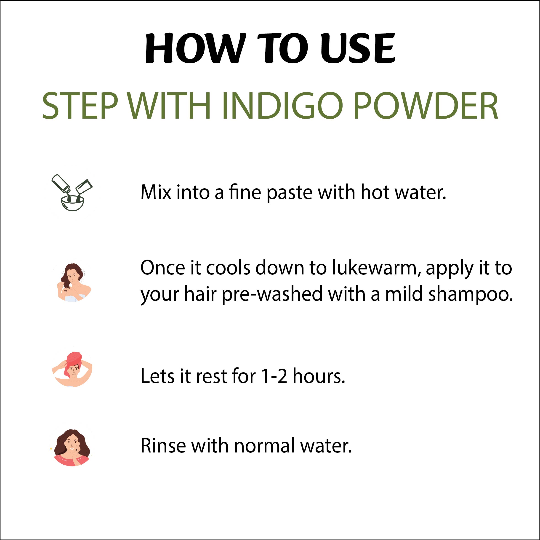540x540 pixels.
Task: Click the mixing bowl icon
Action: (x=72, y=193)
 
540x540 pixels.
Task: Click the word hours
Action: (x=319, y=376)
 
